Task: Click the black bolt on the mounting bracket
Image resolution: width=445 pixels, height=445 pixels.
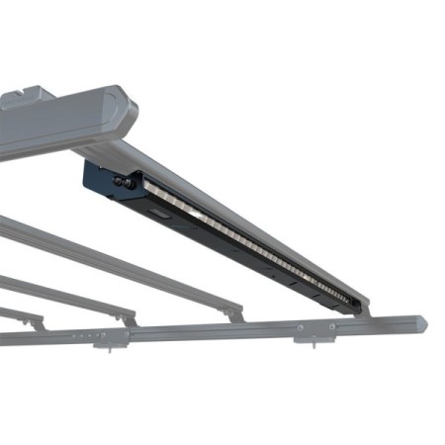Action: pyautogui.click(x=127, y=181)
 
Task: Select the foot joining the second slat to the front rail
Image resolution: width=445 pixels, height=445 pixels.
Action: pyautogui.click(x=233, y=313)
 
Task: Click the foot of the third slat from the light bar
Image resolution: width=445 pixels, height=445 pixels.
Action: pyautogui.click(x=130, y=317)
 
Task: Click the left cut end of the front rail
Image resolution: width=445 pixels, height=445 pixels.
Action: pyautogui.click(x=3, y=339)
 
